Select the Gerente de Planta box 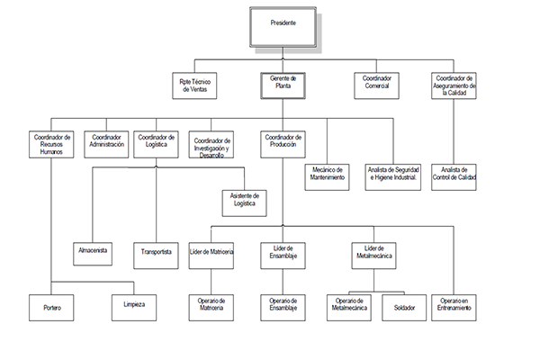point(283,85)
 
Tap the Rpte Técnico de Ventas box point(196,85)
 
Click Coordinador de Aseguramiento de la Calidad point(454,85)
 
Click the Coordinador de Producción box point(283,143)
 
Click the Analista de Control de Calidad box point(454,173)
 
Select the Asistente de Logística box point(245,201)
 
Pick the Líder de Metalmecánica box point(372,253)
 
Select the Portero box point(51,306)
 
